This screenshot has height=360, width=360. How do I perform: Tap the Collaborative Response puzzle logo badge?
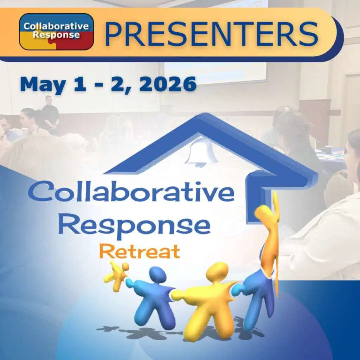(56, 32)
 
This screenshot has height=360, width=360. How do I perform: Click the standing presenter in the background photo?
(50, 114)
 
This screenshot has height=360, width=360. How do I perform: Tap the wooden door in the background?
(315, 116)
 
